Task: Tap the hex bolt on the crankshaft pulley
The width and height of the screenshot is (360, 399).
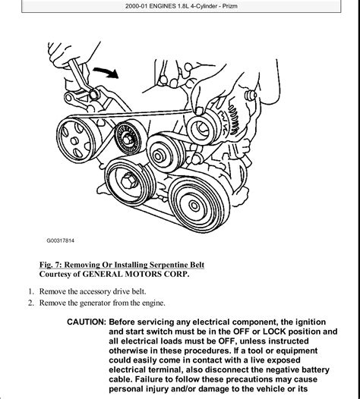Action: coord(129,181)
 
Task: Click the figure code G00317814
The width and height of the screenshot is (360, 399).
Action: coord(61,240)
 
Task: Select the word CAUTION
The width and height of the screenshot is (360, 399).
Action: coord(86,322)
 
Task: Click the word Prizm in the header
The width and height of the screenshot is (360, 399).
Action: coord(230,6)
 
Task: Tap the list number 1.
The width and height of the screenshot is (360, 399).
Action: coord(31,291)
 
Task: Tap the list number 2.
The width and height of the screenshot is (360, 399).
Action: coord(31,303)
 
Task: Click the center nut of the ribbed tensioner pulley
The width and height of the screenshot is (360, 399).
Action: coord(127,139)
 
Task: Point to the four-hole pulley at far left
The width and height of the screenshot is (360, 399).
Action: coord(76,140)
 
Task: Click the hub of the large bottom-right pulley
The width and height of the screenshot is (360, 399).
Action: coord(194,206)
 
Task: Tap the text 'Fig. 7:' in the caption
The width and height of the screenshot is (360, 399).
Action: coord(50,265)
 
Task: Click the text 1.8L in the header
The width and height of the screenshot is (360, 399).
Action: coord(184,6)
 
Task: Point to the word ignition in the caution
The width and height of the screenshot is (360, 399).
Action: coord(311,322)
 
